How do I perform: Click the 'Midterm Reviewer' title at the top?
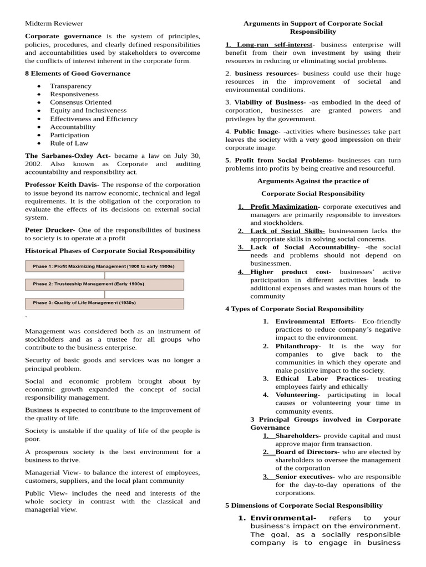pos(54,23)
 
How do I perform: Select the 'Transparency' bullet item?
pos(70,86)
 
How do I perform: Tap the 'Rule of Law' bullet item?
pos(69,143)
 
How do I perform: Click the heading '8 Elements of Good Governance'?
pos(78,73)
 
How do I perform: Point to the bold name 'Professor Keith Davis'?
pos(62,184)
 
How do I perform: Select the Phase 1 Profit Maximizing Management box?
pos(105,266)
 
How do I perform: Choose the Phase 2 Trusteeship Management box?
pos(105,285)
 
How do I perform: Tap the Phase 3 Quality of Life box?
pos(105,303)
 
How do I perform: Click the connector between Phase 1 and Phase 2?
pos(105,275)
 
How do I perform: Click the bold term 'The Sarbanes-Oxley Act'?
pos(67,156)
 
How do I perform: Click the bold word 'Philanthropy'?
pos(297,346)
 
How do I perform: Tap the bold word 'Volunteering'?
pos(297,395)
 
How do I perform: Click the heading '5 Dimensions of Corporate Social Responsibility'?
pos(303,506)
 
